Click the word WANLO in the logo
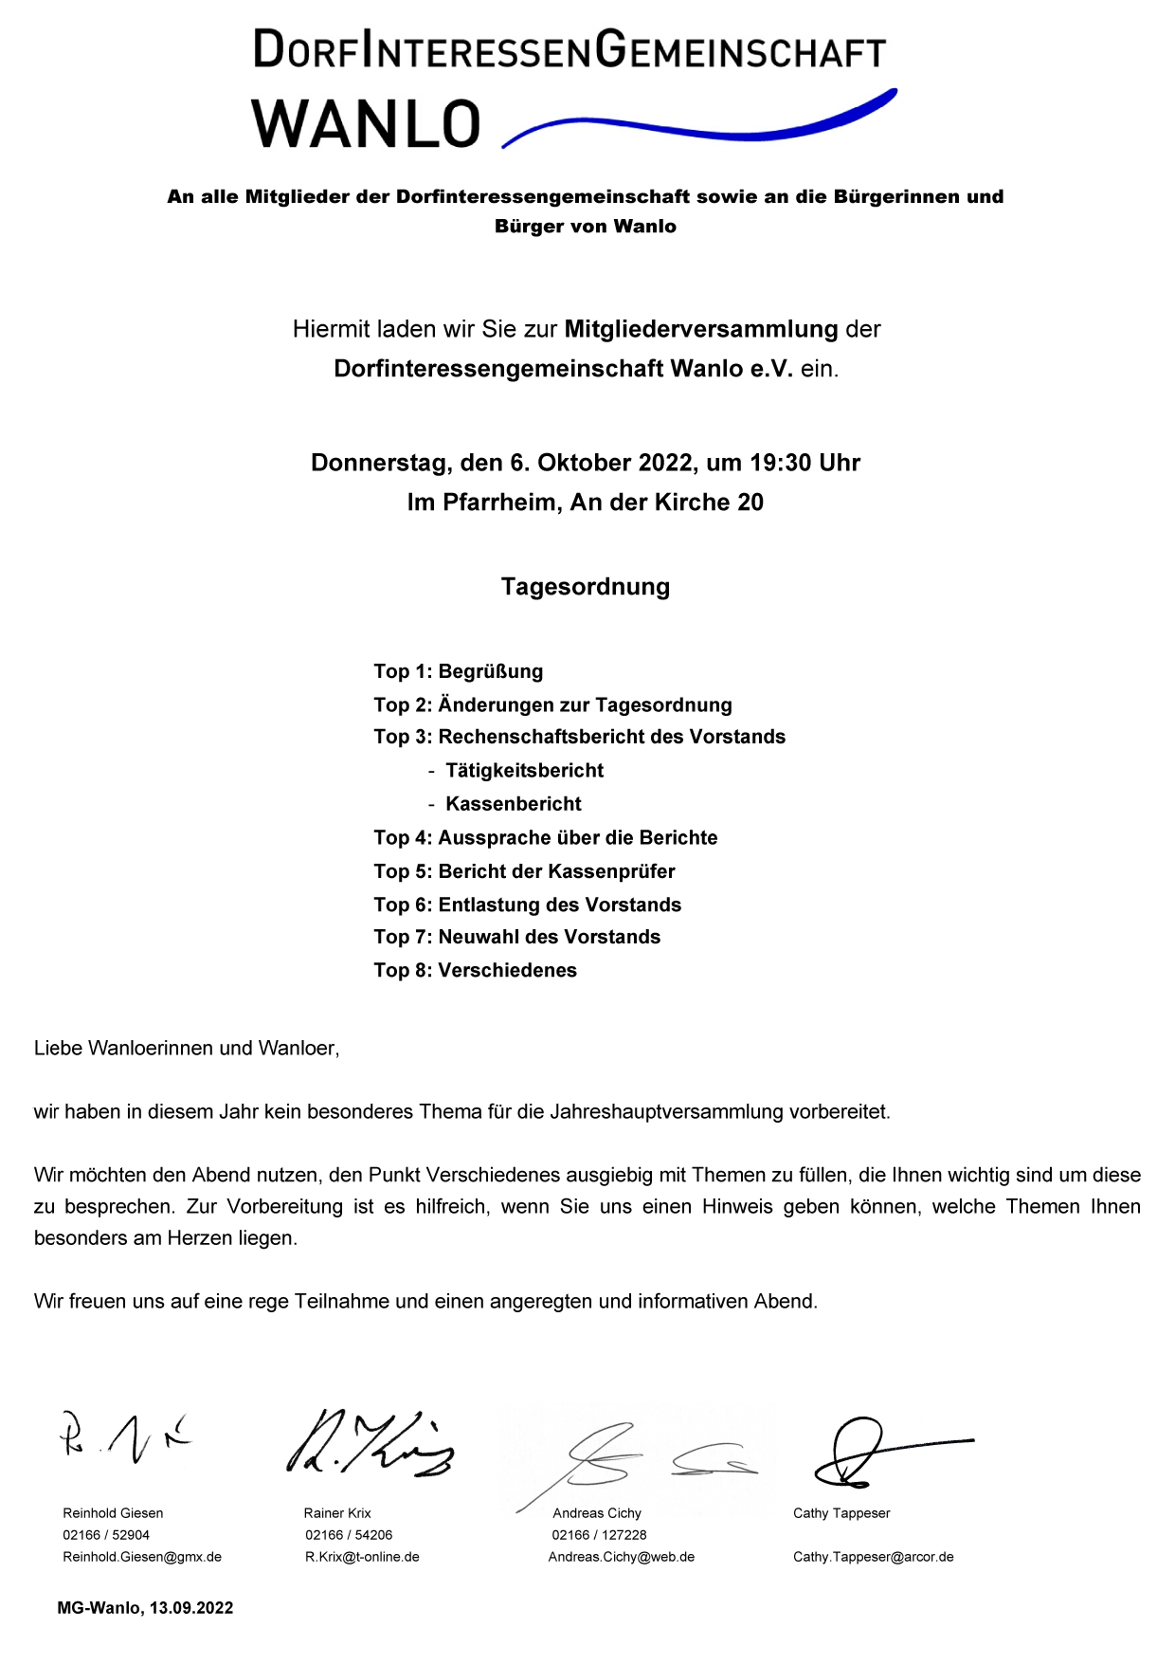pos(366,124)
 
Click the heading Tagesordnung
pos(586,587)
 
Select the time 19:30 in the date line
pos(781,463)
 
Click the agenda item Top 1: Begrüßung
pos(458,671)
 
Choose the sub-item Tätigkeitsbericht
pos(524,771)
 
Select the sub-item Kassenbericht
pos(513,804)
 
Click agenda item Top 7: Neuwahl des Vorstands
pos(516,937)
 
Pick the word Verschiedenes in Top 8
pos(507,970)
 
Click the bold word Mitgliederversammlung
pos(701,329)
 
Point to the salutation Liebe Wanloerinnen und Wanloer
pos(187,1048)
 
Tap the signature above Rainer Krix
pos(370,1444)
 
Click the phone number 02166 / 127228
pos(599,1535)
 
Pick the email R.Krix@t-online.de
pos(362,1557)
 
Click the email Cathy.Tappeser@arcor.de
pos(873,1557)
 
